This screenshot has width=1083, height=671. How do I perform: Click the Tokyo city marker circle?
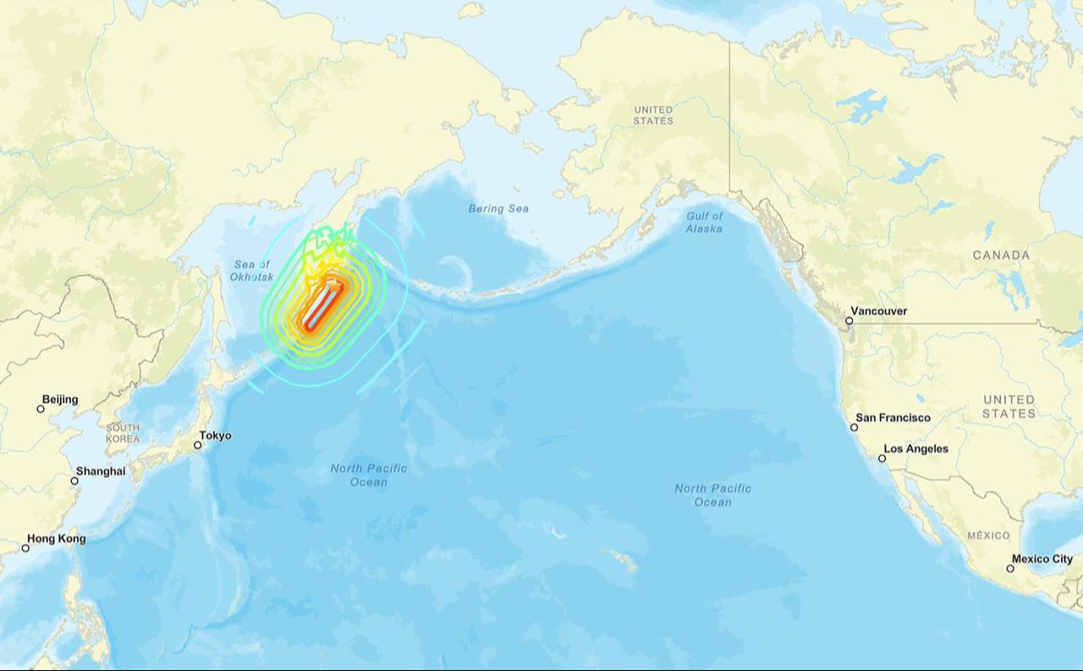[197, 445]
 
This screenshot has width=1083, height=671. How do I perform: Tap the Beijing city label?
[60, 399]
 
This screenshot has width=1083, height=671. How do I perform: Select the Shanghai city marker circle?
[74, 481]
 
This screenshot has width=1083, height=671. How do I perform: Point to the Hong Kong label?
[56, 538]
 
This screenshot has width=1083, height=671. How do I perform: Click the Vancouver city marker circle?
[849, 321]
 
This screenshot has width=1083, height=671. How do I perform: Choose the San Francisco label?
[893, 417]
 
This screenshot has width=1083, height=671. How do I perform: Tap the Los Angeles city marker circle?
[882, 458]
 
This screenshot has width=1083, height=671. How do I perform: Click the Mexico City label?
[1042, 558]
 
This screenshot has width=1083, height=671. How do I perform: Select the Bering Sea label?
[498, 208]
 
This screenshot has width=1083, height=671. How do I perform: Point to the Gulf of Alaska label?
[704, 223]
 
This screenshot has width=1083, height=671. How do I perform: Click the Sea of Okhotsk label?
[251, 271]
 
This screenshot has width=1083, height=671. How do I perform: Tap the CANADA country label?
[1001, 255]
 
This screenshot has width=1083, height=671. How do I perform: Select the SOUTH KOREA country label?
[123, 433]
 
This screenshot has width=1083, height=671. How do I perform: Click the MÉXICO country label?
[988, 536]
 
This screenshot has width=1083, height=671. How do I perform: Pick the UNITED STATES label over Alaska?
[653, 115]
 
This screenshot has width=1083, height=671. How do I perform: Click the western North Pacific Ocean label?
[368, 475]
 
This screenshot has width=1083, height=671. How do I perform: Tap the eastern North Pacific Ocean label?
[712, 495]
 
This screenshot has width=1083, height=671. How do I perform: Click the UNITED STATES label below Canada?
[1009, 406]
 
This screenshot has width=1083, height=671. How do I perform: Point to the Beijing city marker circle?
[41, 409]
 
